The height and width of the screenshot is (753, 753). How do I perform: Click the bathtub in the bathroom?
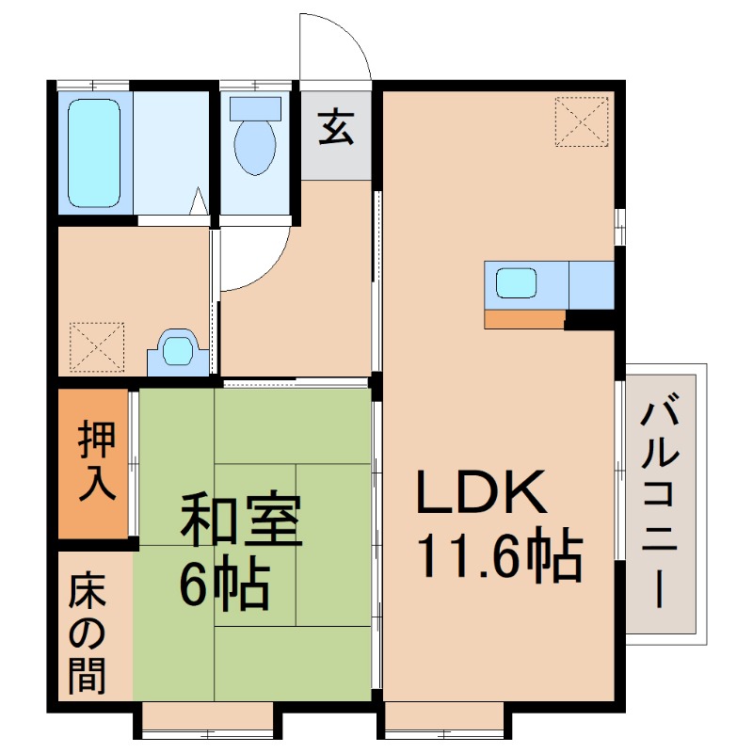[94, 153]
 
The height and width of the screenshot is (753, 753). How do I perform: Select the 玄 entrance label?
[336, 128]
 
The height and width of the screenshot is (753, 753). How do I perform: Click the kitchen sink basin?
[516, 283]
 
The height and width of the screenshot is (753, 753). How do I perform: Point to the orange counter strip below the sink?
[524, 318]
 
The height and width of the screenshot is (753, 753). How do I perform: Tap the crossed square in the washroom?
[97, 346]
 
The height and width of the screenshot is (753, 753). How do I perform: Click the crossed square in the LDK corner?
[581, 122]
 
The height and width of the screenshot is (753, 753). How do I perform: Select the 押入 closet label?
[96, 461]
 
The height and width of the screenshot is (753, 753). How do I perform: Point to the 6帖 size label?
[226, 585]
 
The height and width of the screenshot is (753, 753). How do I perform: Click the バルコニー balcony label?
[665, 503]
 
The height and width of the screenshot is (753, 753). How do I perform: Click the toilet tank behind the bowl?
[255, 106]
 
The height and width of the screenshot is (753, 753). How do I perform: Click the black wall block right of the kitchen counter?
[589, 320]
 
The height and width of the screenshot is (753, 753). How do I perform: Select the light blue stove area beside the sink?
[591, 283]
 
